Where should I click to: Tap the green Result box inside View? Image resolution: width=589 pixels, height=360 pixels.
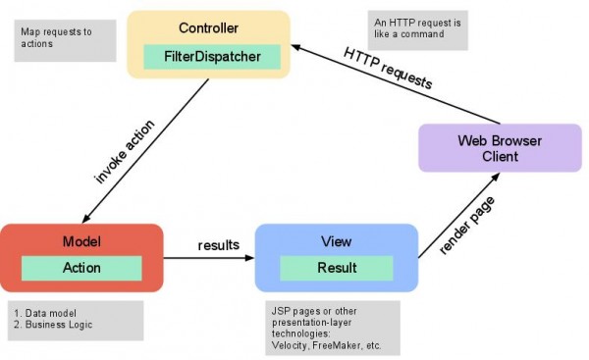pyautogui.click(x=336, y=267)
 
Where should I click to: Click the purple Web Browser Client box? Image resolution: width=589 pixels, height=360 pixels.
pyautogui.click(x=499, y=148)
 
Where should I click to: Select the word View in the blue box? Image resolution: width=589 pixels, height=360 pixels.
pyautogui.click(x=336, y=241)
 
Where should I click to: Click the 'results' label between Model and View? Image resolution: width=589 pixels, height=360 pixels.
pyautogui.click(x=219, y=244)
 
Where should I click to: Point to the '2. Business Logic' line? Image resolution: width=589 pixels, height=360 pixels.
pyautogui.click(x=57, y=325)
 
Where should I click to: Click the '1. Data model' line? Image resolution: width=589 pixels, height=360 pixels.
pyautogui.click(x=45, y=312)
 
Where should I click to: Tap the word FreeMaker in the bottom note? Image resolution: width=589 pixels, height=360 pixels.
pyautogui.click(x=348, y=346)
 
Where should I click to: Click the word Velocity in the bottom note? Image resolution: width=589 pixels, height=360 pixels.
pyautogui.click(x=292, y=346)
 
